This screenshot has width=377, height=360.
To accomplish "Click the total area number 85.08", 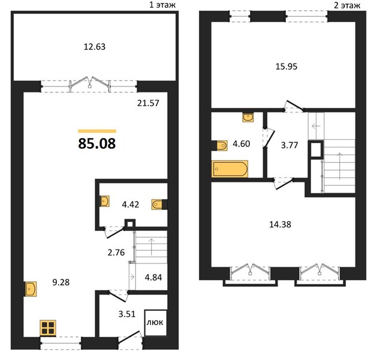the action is (x=97, y=143).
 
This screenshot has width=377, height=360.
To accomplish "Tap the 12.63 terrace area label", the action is (x=95, y=47).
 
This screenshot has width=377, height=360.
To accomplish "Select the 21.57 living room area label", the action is (x=148, y=103).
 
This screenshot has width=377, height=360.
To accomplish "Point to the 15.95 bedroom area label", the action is (x=286, y=67).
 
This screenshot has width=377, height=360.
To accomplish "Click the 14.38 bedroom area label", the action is (x=280, y=224).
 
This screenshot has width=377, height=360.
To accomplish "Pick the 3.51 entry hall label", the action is (x=127, y=314).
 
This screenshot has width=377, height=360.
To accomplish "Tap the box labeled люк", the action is (x=156, y=322).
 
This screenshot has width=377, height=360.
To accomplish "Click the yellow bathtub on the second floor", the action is (x=230, y=169).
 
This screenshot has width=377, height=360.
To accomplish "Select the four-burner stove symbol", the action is (x=48, y=328).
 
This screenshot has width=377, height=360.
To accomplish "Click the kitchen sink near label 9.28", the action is (x=31, y=289).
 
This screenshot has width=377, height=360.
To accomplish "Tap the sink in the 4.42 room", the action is (x=104, y=201).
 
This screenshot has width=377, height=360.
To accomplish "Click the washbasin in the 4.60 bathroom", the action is (x=248, y=118).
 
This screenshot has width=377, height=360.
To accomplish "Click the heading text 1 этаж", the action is (x=162, y=5).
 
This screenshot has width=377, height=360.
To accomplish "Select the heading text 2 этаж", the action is (x=347, y=5).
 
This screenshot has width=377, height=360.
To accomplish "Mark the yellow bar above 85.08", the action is (x=97, y=131).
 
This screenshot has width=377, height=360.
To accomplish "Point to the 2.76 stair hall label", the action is (x=116, y=253).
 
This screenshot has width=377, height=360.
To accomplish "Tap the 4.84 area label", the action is (x=153, y=277).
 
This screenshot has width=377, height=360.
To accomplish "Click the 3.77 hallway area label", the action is (x=289, y=145).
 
